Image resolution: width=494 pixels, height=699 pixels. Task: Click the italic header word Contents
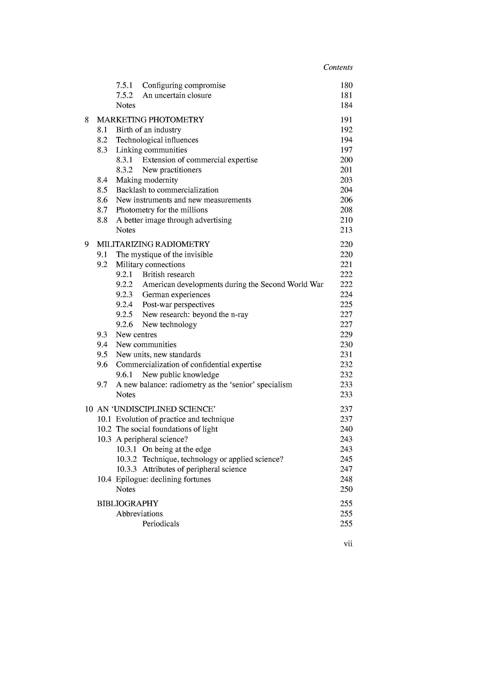pos(338,67)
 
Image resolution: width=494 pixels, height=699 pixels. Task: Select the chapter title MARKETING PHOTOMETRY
pos(150,120)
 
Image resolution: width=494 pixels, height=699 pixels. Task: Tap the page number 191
pos(346,120)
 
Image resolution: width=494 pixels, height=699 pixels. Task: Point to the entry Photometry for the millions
pos(162,210)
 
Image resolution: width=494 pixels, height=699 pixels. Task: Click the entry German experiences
pos(176,295)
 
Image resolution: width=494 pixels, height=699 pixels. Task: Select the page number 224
pos(346,295)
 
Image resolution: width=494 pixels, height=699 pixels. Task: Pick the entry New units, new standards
pos(158,355)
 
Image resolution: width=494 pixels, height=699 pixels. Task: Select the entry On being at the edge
pos(177,449)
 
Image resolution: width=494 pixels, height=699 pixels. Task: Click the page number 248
pos(346,479)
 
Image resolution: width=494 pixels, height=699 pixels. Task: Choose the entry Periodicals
pos(161,524)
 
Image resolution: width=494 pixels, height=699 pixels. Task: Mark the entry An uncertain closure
pos(177,95)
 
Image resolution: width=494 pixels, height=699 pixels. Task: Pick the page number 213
pos(346,230)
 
